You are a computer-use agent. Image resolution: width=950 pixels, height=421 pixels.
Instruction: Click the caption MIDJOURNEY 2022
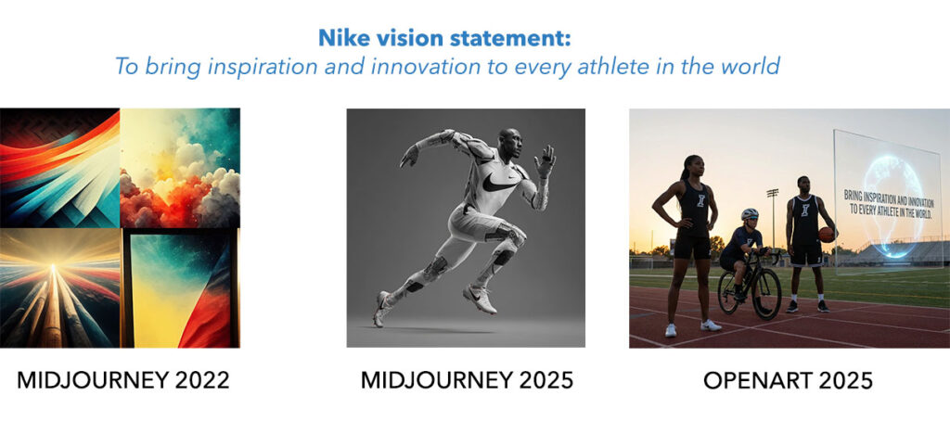123,380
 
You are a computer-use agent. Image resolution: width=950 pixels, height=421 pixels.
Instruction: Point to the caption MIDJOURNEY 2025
468,380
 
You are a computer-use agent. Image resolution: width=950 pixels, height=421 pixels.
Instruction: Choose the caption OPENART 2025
789,380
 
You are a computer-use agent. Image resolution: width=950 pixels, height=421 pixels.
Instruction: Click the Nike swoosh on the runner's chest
500,181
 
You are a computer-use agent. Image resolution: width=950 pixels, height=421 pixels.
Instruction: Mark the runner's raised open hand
546,159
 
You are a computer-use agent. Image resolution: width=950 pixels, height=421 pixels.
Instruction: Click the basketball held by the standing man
827,235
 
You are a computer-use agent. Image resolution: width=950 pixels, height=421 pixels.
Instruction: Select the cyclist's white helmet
750,214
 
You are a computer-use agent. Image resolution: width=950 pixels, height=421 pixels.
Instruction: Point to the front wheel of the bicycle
766,293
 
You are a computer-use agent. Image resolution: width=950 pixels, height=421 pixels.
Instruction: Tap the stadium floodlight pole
773,218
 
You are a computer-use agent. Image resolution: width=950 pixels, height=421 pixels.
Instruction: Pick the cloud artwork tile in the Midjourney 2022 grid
180,168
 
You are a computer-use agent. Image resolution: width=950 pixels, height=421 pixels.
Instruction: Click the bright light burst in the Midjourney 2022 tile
53,268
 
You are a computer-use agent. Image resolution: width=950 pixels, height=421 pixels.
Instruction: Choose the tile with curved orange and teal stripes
59,168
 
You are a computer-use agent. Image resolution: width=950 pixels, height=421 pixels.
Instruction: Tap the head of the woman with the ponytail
692,167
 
